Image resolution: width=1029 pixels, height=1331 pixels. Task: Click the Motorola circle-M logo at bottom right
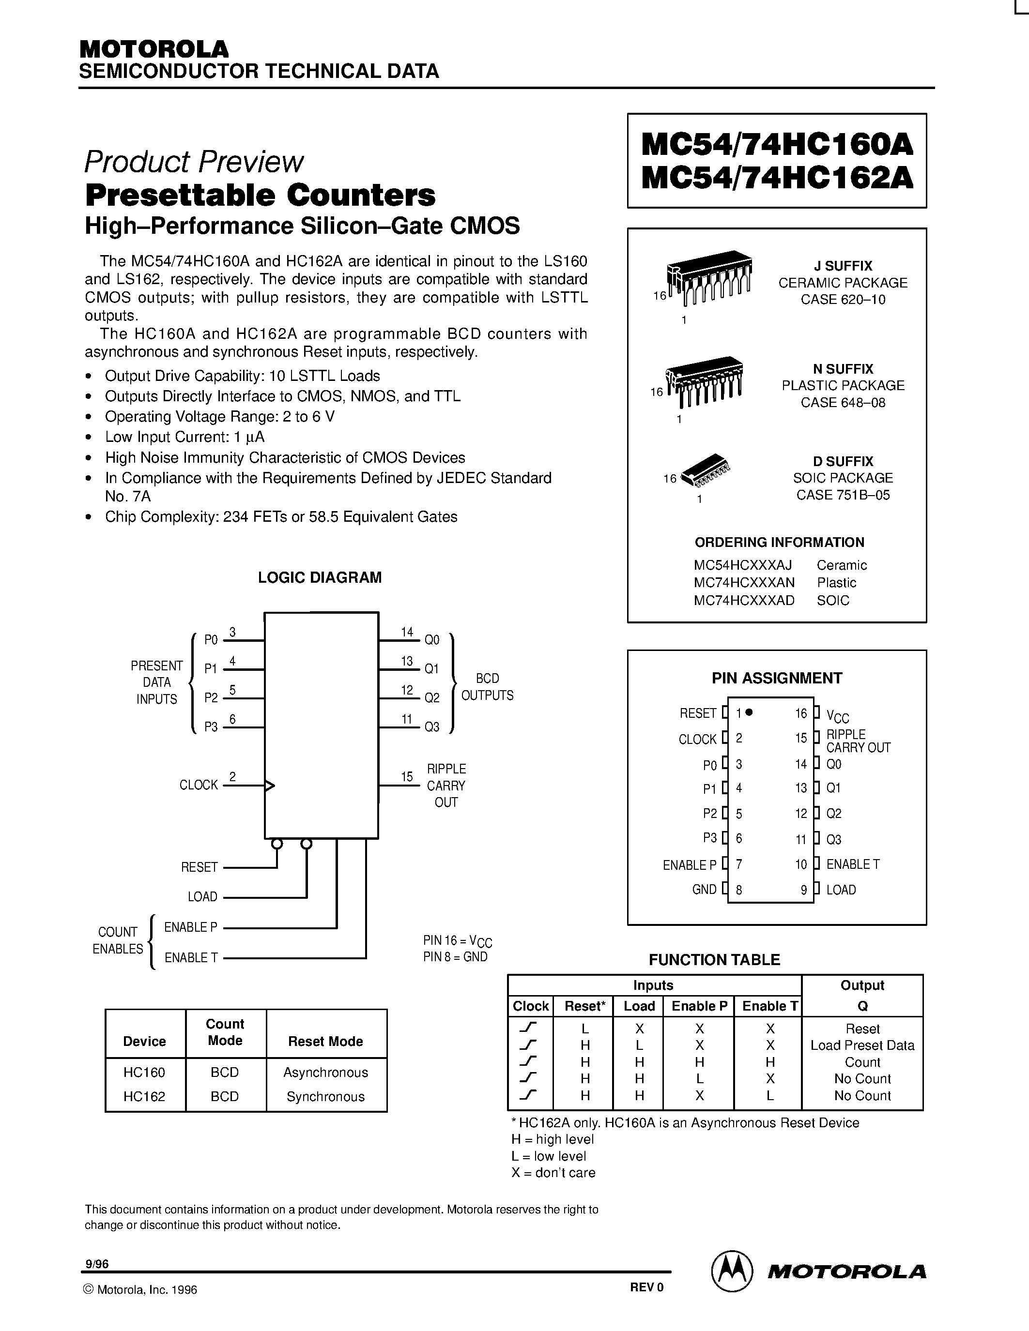click(730, 1270)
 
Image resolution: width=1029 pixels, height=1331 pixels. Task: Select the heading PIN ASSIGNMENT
click(777, 678)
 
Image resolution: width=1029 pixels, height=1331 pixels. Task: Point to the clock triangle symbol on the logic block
click(269, 786)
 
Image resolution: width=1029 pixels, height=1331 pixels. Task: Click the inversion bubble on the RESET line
click(277, 844)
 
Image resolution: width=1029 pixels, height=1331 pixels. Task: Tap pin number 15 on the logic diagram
click(407, 776)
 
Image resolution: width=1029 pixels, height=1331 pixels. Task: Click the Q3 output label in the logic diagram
click(431, 727)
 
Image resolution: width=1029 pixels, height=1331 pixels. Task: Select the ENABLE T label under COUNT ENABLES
click(191, 957)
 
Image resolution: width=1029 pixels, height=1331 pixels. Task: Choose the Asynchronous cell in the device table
click(325, 1072)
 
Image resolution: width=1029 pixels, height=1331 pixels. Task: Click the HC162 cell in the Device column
click(144, 1096)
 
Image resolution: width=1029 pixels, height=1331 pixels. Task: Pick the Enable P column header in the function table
click(699, 1006)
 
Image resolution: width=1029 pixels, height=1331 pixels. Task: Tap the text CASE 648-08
click(843, 402)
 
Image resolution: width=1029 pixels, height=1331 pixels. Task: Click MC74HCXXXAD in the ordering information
click(744, 600)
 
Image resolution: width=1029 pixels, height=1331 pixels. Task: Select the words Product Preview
click(193, 162)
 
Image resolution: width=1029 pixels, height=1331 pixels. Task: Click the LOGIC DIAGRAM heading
click(320, 577)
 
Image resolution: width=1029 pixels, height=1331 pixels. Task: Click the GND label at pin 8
click(704, 889)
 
